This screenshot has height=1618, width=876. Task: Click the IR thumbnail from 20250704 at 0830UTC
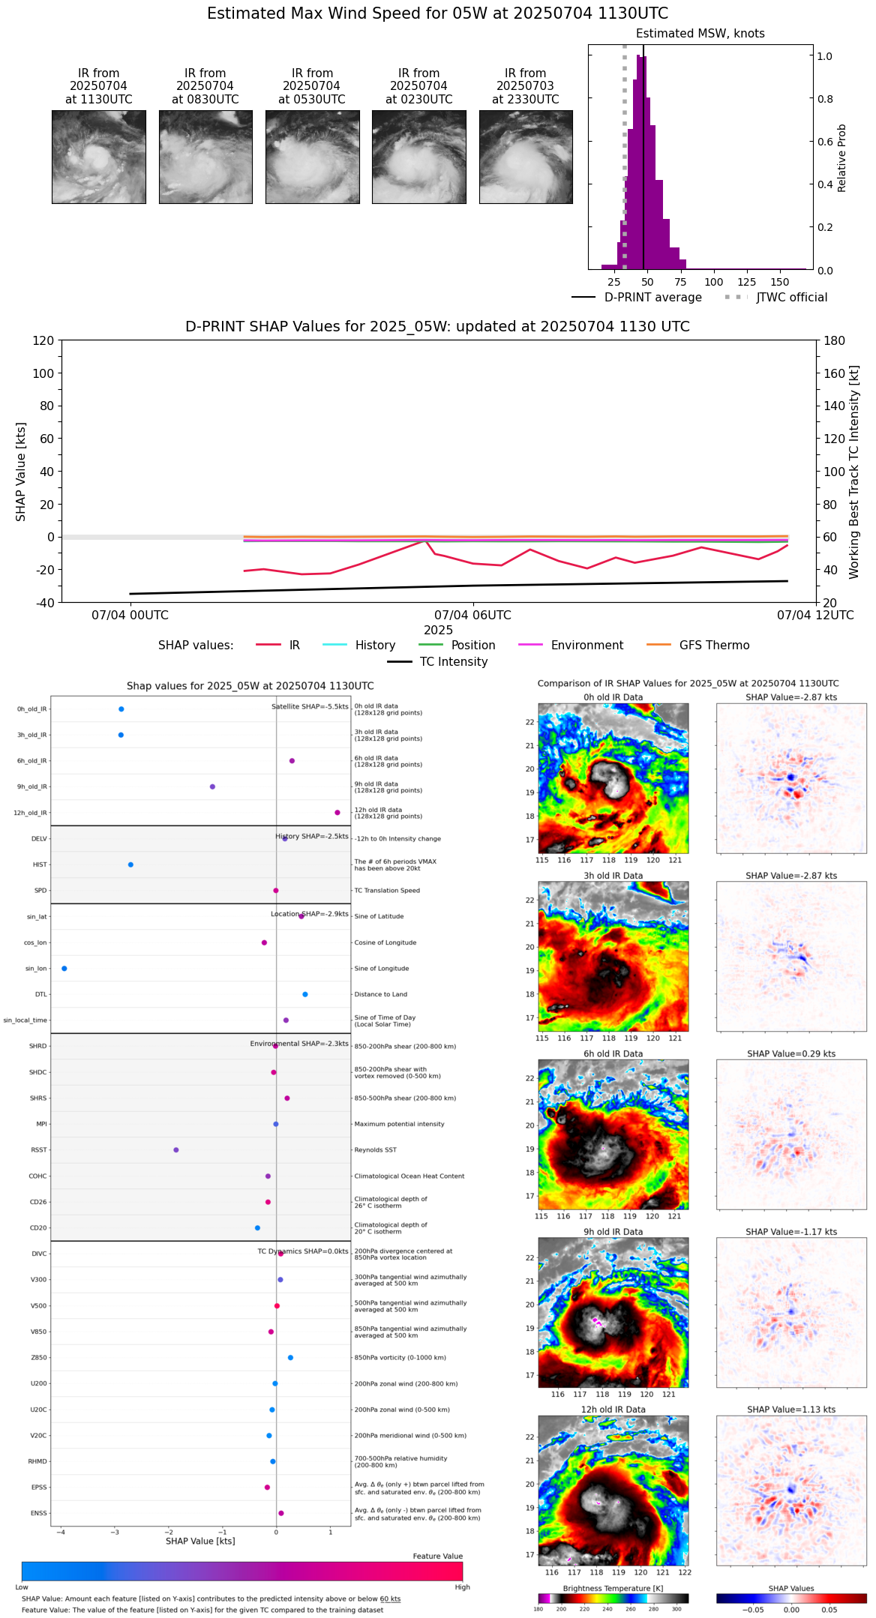tap(205, 157)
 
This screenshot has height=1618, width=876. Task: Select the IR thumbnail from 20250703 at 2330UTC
tap(526, 157)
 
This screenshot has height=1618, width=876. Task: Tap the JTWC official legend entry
tap(791, 298)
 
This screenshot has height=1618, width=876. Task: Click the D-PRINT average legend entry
tap(652, 298)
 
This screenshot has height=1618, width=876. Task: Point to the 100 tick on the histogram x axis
tap(714, 282)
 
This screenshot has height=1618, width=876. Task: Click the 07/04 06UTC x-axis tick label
tap(472, 616)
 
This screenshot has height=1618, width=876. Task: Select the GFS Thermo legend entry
tap(714, 646)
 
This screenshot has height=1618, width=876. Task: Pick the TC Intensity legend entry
tap(453, 662)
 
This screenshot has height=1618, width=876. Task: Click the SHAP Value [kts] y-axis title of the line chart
tap(21, 472)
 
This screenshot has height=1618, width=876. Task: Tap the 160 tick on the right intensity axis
tap(835, 373)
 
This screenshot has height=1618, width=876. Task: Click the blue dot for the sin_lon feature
tap(64, 969)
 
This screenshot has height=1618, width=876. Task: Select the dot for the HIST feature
tap(130, 864)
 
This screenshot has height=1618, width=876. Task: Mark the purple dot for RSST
tap(176, 1150)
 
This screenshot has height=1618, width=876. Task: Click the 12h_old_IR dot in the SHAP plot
tap(337, 813)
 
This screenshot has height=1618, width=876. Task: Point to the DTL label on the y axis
tap(40, 995)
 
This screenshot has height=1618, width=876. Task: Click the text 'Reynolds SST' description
tap(375, 1150)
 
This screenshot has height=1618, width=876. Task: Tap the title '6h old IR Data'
tap(613, 1053)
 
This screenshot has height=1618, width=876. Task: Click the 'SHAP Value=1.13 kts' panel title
tap(791, 1410)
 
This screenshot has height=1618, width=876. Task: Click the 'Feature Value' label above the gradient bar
tap(437, 1557)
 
